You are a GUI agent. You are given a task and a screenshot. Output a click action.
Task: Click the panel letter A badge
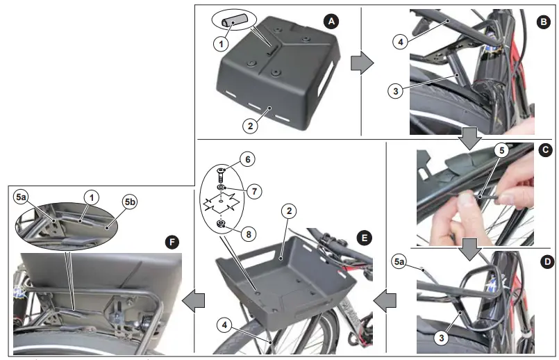[x=332, y=21]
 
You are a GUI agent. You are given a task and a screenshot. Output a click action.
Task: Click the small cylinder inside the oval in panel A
[x=230, y=22]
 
